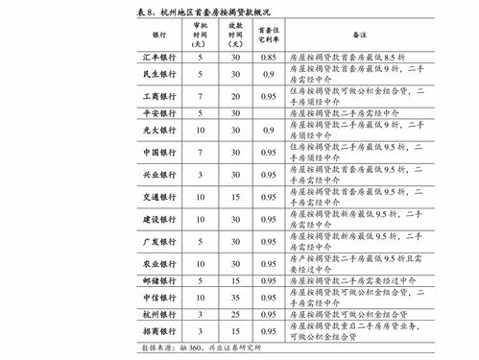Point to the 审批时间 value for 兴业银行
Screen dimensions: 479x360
199,176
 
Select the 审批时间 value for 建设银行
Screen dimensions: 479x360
199,217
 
